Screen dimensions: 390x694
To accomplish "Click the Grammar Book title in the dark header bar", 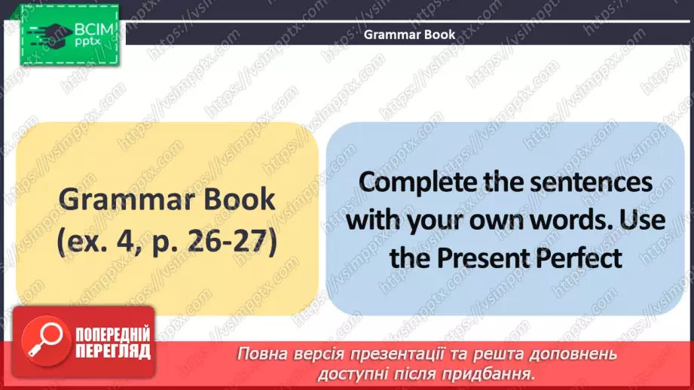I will (410, 34).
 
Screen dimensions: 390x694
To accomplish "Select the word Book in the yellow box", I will (237, 200).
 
